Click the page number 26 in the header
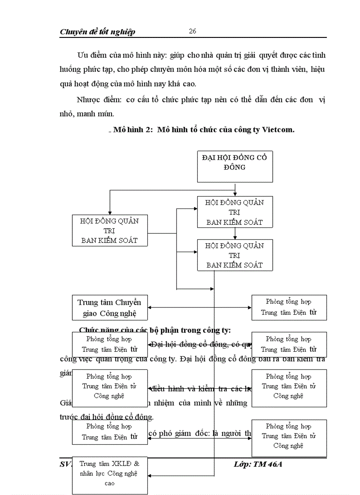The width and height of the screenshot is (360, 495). [192, 31]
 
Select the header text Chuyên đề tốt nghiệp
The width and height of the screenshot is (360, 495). [97, 32]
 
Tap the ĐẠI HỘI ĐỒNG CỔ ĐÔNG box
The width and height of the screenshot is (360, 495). [235, 166]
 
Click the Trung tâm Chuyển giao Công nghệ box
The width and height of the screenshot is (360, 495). [109, 308]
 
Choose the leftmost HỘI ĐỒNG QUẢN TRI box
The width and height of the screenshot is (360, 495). [109, 230]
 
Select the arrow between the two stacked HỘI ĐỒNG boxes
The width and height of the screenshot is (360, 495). [235, 234]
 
